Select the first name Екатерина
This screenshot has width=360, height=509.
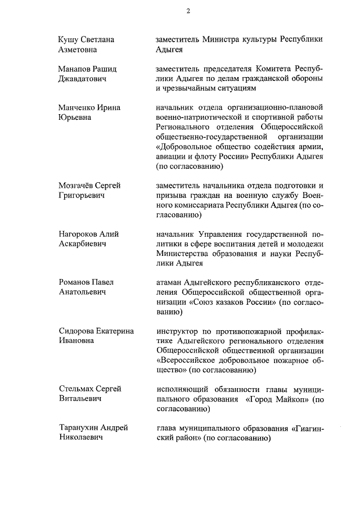[114, 331]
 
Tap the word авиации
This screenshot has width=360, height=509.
[171, 156]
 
